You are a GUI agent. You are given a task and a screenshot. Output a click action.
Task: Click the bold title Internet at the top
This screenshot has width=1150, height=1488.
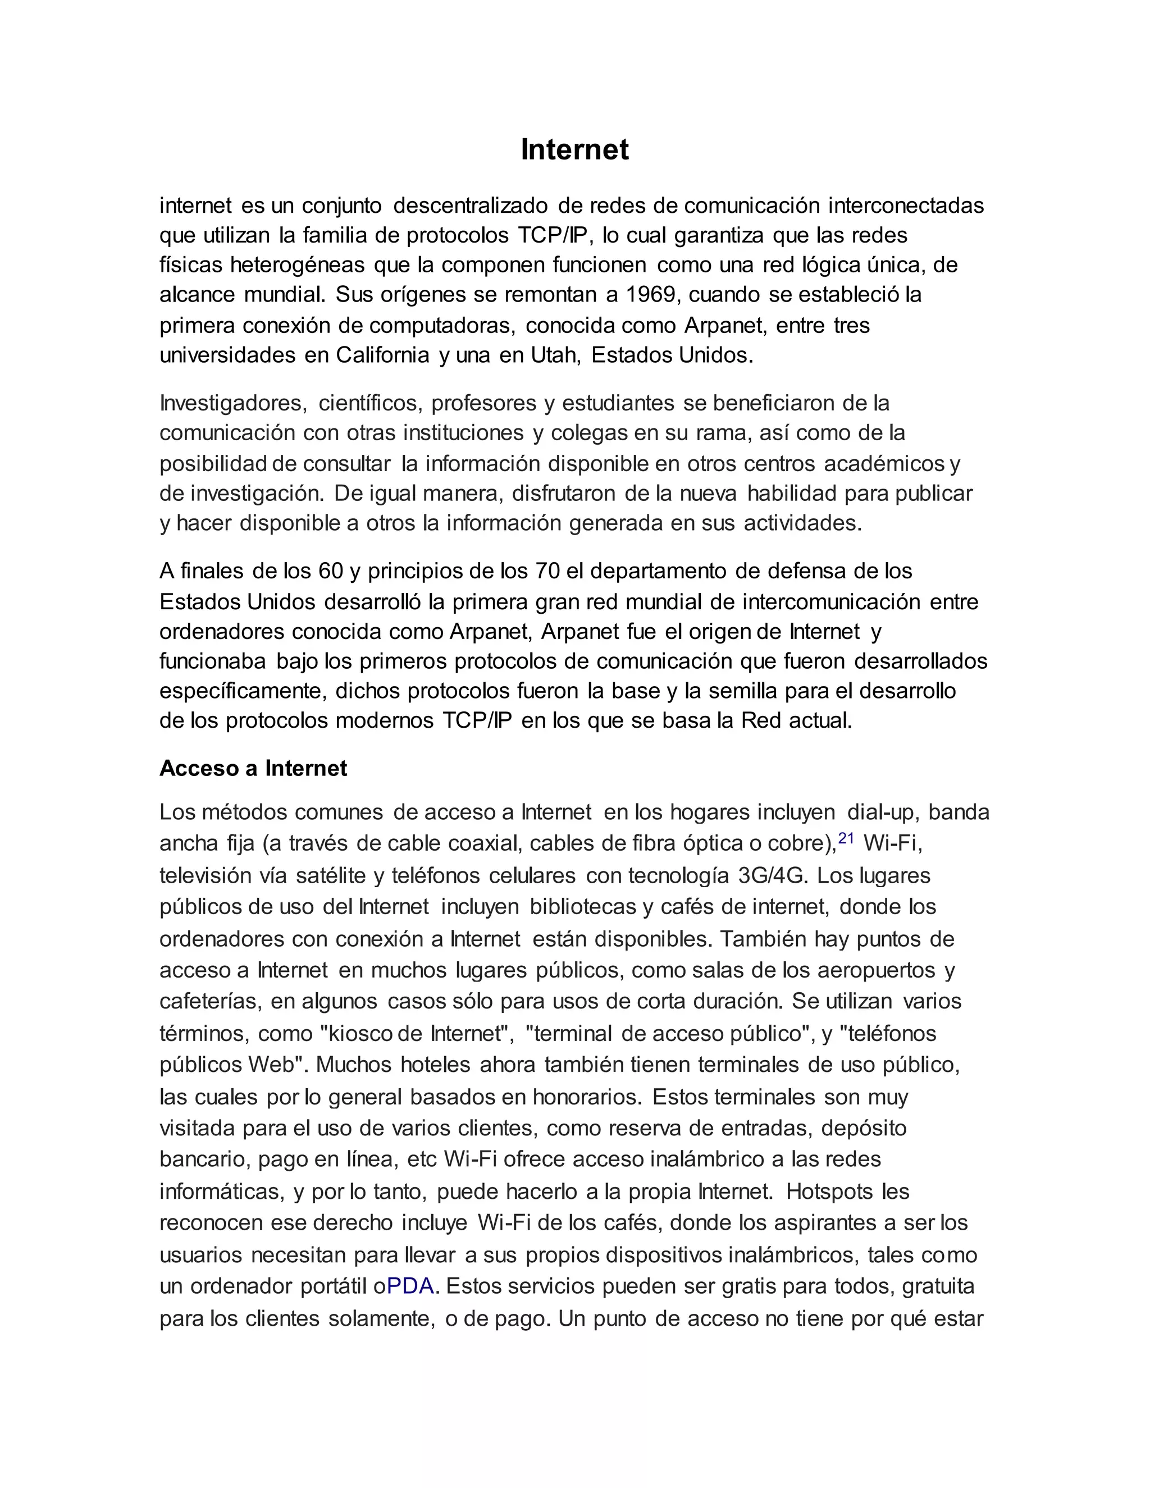point(574,149)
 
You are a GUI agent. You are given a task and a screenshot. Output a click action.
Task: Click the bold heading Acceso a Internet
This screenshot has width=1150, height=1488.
point(253,769)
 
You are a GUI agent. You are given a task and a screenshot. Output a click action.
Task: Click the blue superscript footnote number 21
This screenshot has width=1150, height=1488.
point(846,839)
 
